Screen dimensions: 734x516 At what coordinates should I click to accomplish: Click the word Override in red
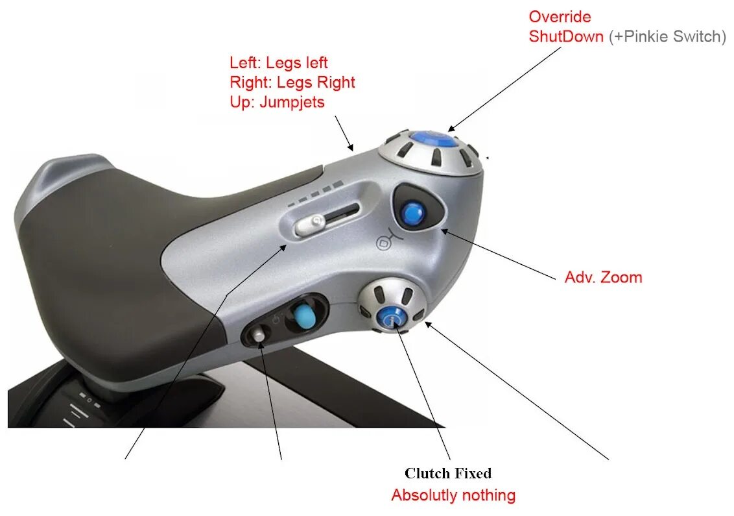560,16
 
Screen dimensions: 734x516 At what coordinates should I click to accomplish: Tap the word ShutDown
565,36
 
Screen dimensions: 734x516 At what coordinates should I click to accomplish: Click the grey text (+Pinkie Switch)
667,36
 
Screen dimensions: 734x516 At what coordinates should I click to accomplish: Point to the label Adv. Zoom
603,277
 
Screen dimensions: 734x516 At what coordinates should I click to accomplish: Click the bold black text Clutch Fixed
448,473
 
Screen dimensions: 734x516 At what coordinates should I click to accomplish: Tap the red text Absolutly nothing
453,495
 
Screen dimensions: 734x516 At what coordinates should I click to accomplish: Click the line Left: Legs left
279,63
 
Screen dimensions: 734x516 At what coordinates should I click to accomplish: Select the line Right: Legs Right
292,82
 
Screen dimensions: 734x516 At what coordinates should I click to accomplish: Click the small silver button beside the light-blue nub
259,335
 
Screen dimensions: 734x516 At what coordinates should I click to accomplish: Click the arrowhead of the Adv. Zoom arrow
443,229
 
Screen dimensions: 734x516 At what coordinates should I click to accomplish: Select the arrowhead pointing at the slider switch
284,246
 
